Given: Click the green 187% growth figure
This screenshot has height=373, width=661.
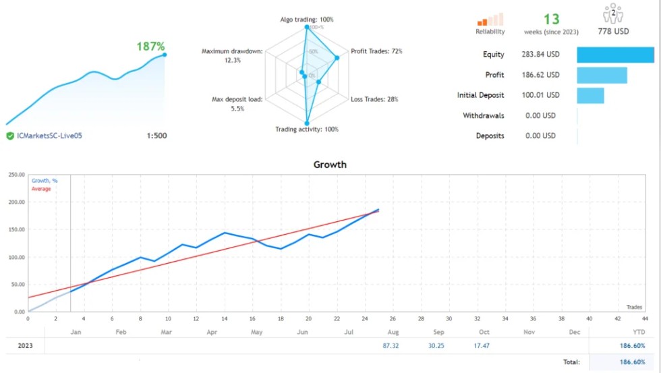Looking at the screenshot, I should (150, 47).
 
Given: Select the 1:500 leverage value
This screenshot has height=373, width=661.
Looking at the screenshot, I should (156, 136).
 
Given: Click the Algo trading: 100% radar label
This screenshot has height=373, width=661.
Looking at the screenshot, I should (307, 20).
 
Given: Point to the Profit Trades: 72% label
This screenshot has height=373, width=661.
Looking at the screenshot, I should (376, 51).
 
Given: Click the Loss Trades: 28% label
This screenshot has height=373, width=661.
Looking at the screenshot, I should (374, 99).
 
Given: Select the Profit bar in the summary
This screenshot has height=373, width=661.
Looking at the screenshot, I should (602, 75).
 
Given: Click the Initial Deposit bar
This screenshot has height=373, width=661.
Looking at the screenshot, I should (590, 95).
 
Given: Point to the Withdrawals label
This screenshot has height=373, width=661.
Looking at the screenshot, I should (483, 115).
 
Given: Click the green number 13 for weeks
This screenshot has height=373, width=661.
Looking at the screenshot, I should (551, 20).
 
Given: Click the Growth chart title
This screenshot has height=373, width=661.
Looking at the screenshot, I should (330, 164).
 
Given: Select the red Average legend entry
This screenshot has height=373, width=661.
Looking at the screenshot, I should (41, 189).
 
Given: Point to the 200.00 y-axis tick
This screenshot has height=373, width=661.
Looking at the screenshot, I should (15, 202).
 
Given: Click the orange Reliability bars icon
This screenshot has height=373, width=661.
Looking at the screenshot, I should (490, 20).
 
